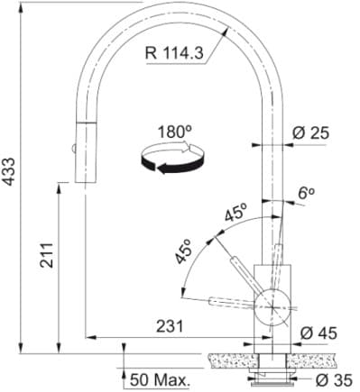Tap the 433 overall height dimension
pyautogui.click(x=11, y=179)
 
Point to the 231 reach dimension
pyautogui.click(x=170, y=326)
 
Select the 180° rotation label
pyautogui.click(x=174, y=132)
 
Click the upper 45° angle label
pyautogui.click(x=235, y=214)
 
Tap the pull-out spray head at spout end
pyautogui.click(x=82, y=149)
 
